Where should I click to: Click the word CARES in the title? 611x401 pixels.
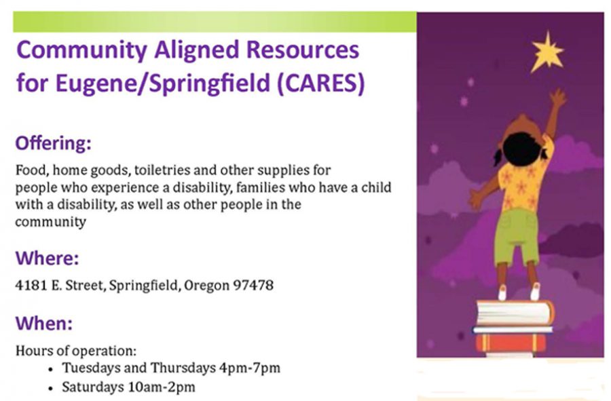(x=320, y=83)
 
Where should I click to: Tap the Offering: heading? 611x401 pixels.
(x=54, y=143)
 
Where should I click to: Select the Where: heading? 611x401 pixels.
(x=47, y=258)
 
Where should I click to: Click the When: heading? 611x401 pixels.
(x=44, y=323)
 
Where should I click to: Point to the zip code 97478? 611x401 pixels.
(x=253, y=286)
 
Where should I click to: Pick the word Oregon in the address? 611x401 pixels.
(x=206, y=286)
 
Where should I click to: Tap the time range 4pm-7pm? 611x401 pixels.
(x=250, y=368)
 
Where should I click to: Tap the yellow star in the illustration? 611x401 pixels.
(x=547, y=52)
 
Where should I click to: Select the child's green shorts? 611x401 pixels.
(x=517, y=237)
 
